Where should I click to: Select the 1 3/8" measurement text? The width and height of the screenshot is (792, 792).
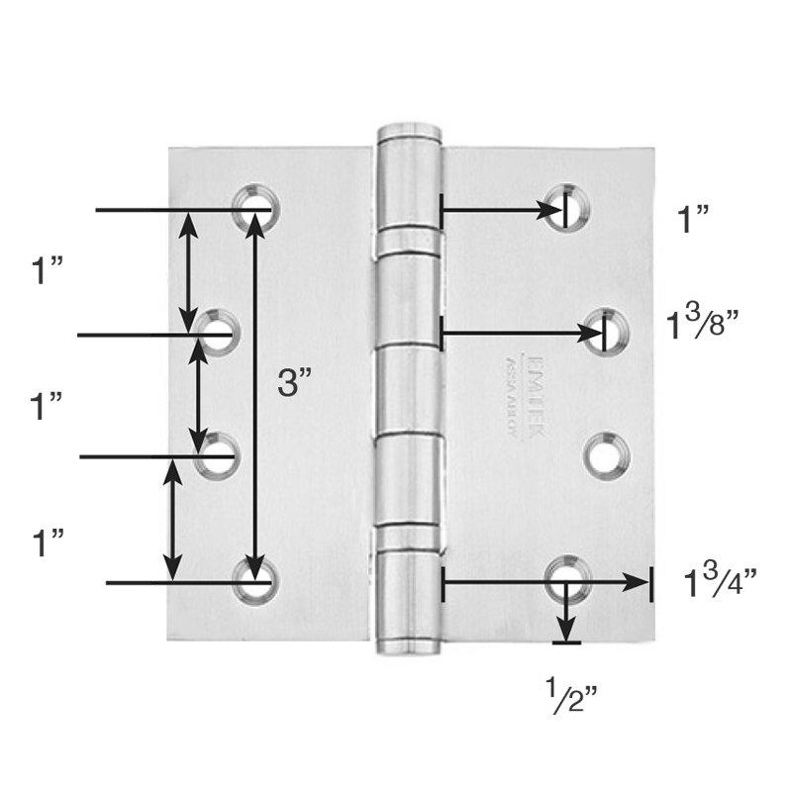[705, 323]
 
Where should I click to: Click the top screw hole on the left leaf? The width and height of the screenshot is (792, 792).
[256, 206]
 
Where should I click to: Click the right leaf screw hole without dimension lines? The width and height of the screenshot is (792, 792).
[605, 454]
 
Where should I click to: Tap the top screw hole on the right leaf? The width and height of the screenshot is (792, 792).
[567, 205]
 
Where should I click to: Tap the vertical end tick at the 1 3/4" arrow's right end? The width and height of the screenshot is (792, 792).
[650, 584]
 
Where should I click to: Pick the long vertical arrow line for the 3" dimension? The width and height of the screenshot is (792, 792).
[256, 396]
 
